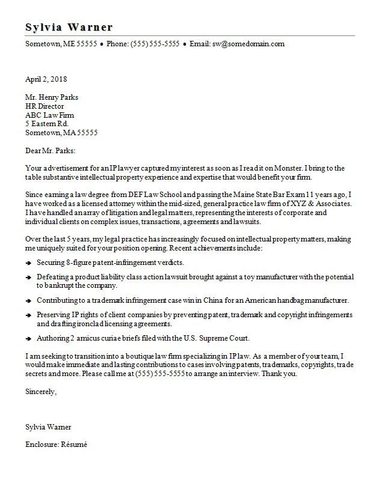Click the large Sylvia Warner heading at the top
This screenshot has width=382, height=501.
tap(69, 28)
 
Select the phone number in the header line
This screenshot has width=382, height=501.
tap(155, 44)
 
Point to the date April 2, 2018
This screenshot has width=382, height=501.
tap(46, 79)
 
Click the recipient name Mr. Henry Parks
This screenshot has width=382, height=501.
tap(52, 97)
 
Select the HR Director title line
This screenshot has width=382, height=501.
tap(45, 106)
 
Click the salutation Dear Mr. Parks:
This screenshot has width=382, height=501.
tap(51, 151)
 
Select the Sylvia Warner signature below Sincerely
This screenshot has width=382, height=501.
tap(48, 427)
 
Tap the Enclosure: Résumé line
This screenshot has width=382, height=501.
tap(56, 445)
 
